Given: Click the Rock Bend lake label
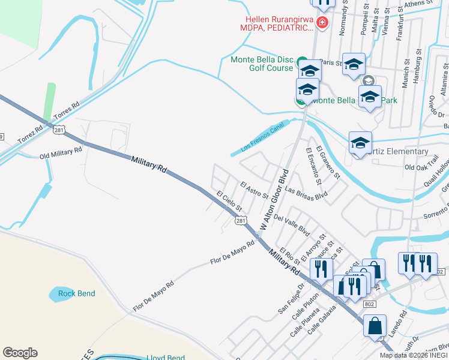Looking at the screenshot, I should pyautogui.click(x=76, y=293).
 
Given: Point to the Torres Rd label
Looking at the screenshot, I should pyautogui.click(x=67, y=111).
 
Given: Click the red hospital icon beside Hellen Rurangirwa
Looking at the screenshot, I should pyautogui.click(x=322, y=23).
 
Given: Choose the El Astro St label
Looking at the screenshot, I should pyautogui.click(x=254, y=191).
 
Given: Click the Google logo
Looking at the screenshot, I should pyautogui.click(x=20, y=353).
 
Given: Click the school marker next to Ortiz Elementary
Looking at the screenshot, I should pyautogui.click(x=360, y=143).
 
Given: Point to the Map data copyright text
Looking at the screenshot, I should pyautogui.click(x=414, y=355).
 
